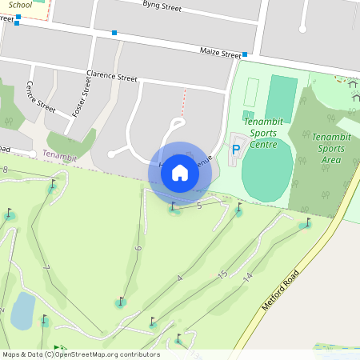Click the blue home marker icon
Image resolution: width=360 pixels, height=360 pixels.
click(x=180, y=172)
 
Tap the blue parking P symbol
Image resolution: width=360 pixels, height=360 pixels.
click(x=235, y=149)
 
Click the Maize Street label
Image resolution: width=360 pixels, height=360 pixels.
click(x=220, y=54)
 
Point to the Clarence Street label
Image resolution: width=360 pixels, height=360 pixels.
click(x=112, y=78)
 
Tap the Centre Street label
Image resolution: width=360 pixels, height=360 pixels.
click(x=40, y=96)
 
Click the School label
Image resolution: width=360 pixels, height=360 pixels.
click(x=21, y=5)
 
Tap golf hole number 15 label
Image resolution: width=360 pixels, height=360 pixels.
click(x=222, y=274)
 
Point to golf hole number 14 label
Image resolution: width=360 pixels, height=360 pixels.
click(x=248, y=277)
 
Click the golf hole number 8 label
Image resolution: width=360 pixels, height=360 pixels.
click(x=6, y=170)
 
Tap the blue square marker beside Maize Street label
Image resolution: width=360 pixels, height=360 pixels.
click(x=245, y=54)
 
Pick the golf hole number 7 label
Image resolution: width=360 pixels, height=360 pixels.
click(x=46, y=267)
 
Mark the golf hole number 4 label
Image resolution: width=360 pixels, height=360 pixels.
click(x=180, y=278)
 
